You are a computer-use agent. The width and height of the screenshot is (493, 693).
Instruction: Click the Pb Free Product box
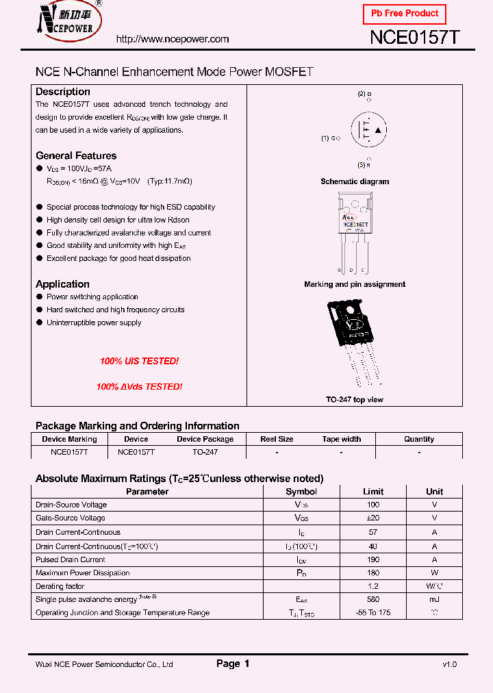pyautogui.click(x=404, y=14)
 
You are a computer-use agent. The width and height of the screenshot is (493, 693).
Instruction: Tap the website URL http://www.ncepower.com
pyautogui.click(x=173, y=39)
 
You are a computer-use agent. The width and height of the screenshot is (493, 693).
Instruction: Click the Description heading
pyautogui.click(x=63, y=92)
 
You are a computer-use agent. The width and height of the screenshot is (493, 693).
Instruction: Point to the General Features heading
pyautogui.click(x=76, y=155)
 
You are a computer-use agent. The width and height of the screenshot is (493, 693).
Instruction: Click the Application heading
pyautogui.click(x=62, y=284)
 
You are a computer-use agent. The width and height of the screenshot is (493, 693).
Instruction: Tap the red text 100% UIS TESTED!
pyautogui.click(x=139, y=361)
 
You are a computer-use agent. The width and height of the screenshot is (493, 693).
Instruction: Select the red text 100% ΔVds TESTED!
pyautogui.click(x=139, y=387)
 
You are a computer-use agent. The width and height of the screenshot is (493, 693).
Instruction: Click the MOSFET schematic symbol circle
pyautogui.click(x=368, y=130)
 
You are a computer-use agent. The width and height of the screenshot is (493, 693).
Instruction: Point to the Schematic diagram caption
pyautogui.click(x=355, y=181)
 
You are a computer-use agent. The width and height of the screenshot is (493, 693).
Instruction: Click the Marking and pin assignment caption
pyautogui.click(x=355, y=284)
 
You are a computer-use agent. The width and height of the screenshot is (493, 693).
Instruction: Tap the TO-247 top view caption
pyautogui.click(x=355, y=399)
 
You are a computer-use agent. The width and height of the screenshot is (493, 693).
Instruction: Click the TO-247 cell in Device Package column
pyautogui.click(x=205, y=453)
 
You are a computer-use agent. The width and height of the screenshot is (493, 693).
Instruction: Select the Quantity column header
pyautogui.click(x=419, y=439)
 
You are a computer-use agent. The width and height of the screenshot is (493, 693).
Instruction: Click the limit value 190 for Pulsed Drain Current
pyautogui.click(x=373, y=559)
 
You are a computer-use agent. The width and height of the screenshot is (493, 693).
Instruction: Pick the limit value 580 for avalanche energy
pyautogui.click(x=373, y=599)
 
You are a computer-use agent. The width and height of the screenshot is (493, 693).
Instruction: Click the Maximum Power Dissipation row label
pyautogui.click(x=82, y=573)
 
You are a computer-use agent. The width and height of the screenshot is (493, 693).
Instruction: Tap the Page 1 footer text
pyautogui.click(x=233, y=664)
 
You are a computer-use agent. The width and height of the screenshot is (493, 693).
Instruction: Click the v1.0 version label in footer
pyautogui.click(x=449, y=664)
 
